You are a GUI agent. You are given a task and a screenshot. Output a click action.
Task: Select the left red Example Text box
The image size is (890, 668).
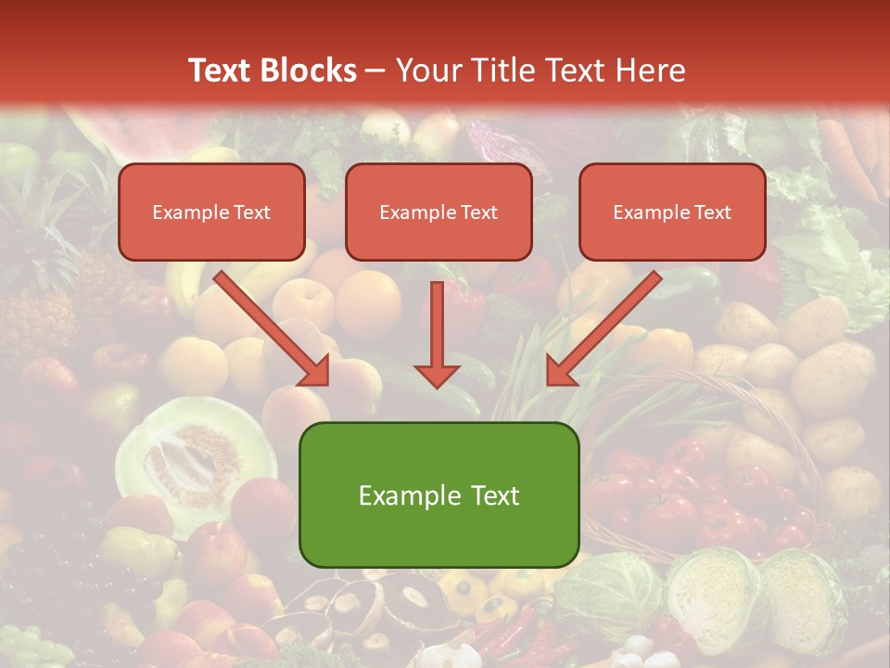211,212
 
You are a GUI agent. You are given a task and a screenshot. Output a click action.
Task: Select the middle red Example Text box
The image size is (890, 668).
439,212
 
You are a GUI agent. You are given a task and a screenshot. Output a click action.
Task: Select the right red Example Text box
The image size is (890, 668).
672,212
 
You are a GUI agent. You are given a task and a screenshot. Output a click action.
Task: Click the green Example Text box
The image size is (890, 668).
439,495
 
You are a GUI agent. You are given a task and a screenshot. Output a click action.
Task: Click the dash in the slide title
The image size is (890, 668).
375,71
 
